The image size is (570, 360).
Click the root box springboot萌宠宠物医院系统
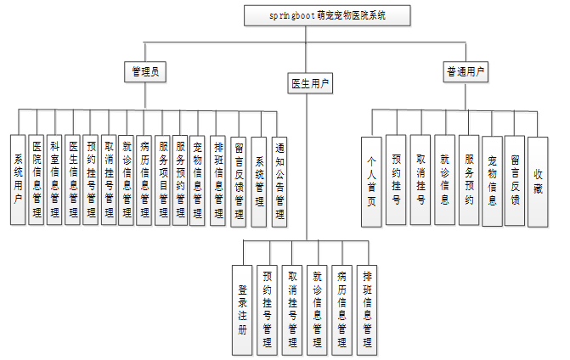327,15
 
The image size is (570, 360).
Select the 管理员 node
142,72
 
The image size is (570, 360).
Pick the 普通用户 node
466,72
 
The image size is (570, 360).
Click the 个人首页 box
371,180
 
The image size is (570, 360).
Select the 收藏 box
537,180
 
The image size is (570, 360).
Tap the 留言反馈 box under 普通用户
515,180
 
